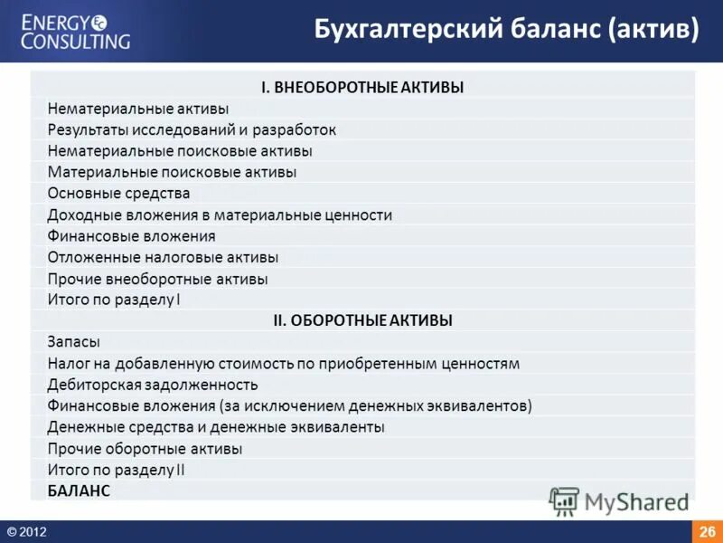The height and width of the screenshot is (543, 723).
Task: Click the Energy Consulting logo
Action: coord(76,31)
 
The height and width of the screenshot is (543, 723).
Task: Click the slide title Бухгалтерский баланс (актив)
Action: coord(506,31)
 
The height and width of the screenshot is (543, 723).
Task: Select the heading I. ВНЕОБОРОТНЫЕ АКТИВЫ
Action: coord(362,88)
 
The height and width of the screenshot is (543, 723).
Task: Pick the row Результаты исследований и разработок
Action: coord(192,130)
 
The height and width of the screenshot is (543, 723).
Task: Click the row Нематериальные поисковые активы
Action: coord(180,151)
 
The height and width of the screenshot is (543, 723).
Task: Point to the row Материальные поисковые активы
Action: coord(172,172)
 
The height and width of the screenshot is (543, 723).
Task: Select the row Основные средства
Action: coord(118,194)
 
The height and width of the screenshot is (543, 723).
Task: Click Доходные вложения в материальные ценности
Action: coord(220,215)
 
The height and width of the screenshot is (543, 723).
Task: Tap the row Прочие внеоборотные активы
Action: coord(157,280)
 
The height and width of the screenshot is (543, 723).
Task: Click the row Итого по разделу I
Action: coord(114,300)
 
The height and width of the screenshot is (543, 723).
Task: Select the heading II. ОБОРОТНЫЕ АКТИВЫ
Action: coord(362,320)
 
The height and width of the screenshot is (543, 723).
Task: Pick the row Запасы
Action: coord(73,342)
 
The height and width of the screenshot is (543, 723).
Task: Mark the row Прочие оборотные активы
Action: coord(145,449)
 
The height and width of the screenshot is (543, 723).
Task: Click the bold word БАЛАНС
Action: coord(79,491)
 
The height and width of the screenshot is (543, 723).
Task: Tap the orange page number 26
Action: coord(707,531)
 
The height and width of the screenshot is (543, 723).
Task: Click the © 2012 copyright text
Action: coord(26,532)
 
